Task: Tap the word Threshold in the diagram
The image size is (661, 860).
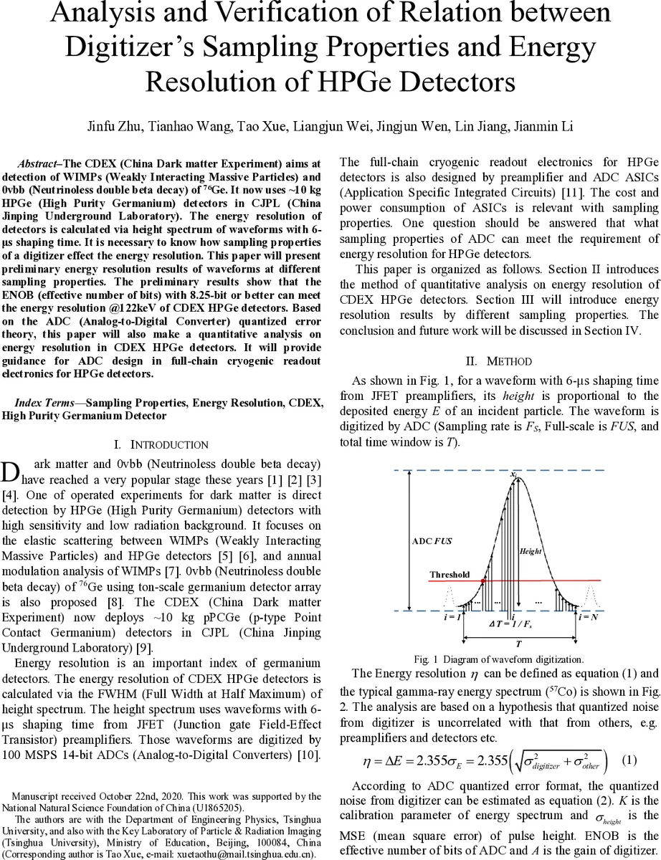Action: (450, 575)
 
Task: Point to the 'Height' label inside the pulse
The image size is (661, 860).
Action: (530, 551)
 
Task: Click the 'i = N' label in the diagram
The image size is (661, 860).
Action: (589, 617)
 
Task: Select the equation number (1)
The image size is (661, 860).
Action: (629, 760)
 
